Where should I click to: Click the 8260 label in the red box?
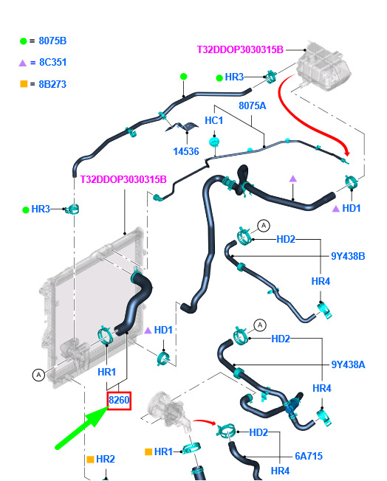coord(119,400)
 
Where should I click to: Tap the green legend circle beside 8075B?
coord(24,41)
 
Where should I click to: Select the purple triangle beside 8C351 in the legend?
coord(22,63)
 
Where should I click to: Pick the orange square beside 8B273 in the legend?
coord(24,84)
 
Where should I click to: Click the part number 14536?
coord(186,151)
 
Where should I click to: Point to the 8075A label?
coord(252,105)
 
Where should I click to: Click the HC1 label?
coord(213,120)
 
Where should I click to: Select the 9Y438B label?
coord(348,256)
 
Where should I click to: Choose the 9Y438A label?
coord(348,364)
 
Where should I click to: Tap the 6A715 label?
coord(309,456)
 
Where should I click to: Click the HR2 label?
coord(106,459)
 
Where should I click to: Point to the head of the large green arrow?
coord(108,406)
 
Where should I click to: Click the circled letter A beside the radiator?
coord(38,375)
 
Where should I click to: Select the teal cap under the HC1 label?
coord(214,142)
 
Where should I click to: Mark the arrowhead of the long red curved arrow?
coord(346,152)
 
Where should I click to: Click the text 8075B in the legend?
coord(52,41)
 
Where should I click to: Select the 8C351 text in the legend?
coord(53,62)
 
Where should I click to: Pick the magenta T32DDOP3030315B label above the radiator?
coord(123,179)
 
